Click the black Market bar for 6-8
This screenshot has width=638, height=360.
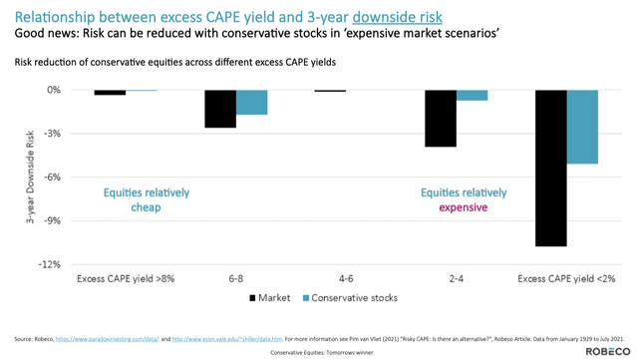click(220, 109)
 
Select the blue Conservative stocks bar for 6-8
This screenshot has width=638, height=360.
click(251, 103)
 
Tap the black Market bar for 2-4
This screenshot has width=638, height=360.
click(441, 118)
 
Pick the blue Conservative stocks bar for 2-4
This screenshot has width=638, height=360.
click(472, 96)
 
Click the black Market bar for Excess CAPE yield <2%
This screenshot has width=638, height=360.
click(550, 168)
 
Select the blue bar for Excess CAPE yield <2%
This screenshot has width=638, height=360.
click(582, 127)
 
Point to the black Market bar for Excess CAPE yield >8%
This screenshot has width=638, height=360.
click(110, 93)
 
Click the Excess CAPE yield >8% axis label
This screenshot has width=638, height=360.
click(126, 279)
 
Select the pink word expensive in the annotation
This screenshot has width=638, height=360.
click(464, 207)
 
